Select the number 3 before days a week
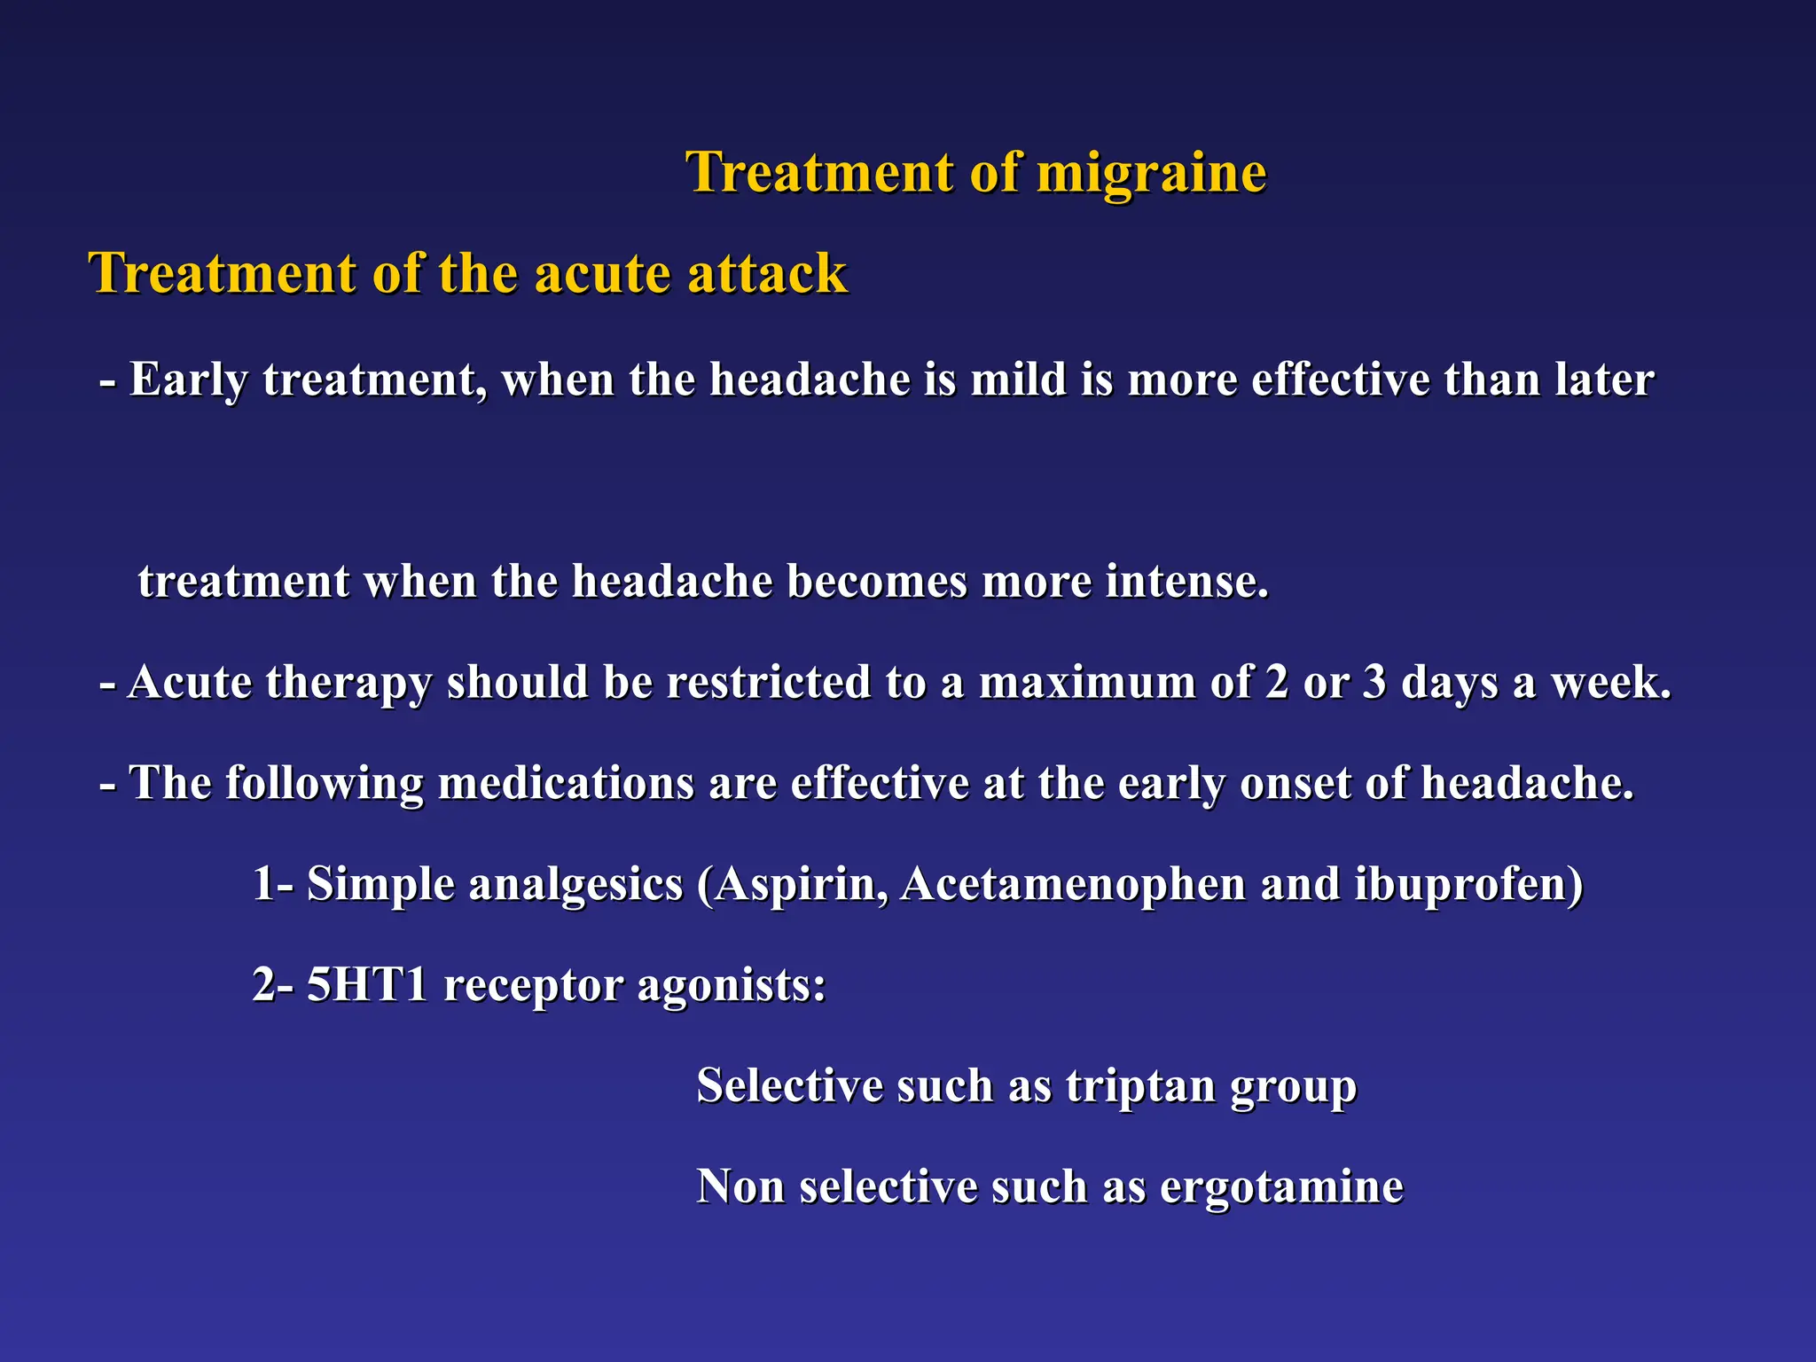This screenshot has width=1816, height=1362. pyautogui.click(x=1374, y=683)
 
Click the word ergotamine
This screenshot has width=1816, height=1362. pyautogui.click(x=1281, y=1187)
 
